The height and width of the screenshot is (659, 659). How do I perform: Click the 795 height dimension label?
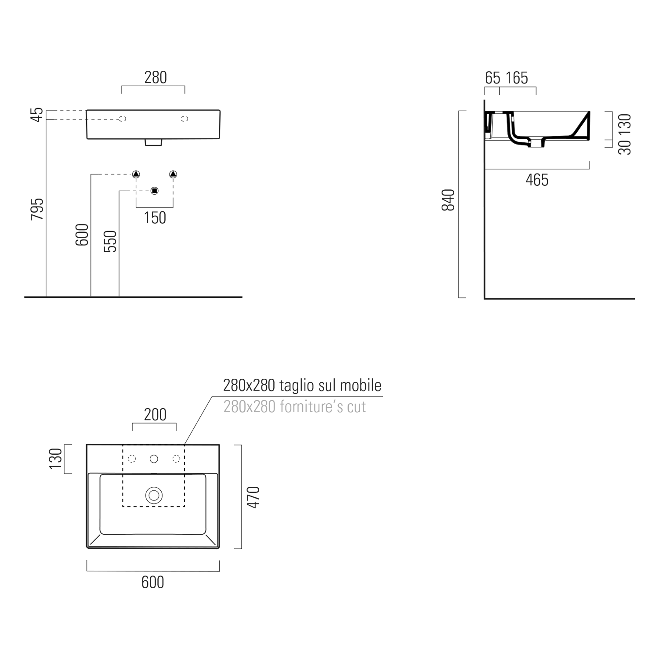click(x=37, y=209)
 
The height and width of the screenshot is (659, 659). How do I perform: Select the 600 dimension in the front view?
click(x=82, y=235)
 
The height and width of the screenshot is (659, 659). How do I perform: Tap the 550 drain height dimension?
click(x=110, y=242)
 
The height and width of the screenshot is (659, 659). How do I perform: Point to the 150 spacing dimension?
click(x=155, y=218)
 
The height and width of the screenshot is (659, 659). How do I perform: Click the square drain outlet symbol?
click(x=154, y=191)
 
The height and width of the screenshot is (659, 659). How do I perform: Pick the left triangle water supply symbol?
click(x=136, y=174)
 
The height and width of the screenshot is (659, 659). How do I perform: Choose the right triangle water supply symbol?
click(x=173, y=174)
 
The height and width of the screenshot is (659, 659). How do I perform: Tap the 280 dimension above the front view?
click(x=156, y=78)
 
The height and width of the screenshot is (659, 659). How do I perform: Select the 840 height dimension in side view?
click(x=448, y=200)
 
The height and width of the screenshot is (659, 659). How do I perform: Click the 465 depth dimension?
click(x=537, y=180)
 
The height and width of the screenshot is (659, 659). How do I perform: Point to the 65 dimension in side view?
click(x=492, y=78)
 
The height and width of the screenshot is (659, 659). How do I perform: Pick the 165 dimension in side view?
click(x=517, y=78)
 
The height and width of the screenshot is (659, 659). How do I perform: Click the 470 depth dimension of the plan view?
click(x=253, y=497)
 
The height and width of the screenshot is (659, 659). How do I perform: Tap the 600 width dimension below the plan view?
click(x=153, y=583)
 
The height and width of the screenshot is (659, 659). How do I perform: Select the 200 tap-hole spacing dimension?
click(x=156, y=415)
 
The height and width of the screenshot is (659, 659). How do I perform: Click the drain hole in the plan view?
click(x=154, y=496)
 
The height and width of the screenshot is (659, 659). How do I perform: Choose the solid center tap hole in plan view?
click(x=154, y=459)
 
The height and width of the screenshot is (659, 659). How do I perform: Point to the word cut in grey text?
click(x=356, y=407)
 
